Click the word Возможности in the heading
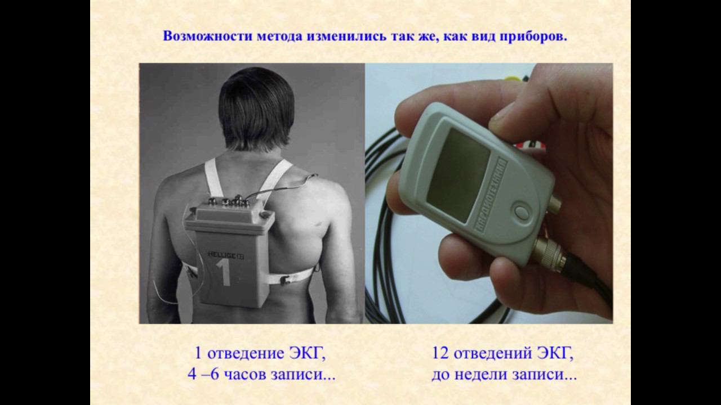click(x=207, y=37)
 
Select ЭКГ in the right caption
click(x=555, y=354)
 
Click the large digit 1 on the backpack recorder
click(x=224, y=273)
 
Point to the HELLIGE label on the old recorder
click(x=222, y=254)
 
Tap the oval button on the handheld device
click(x=520, y=211)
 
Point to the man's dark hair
click(x=256, y=106)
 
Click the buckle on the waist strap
click(x=285, y=280)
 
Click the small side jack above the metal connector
click(x=553, y=203)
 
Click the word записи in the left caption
click(x=302, y=375)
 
